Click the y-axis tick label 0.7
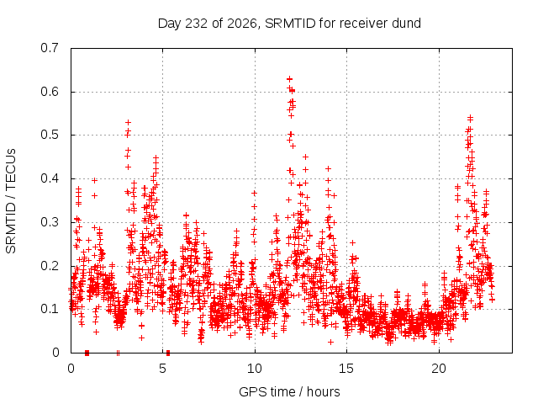click(50, 48)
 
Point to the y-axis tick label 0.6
click(50, 92)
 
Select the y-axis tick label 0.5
click(50, 135)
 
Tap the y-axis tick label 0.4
click(50, 178)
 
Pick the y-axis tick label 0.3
click(50, 222)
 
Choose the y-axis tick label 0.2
click(50, 266)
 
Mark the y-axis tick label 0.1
click(50, 309)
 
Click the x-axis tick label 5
click(162, 369)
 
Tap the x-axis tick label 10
click(254, 369)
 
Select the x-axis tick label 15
click(346, 369)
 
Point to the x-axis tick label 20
click(439, 369)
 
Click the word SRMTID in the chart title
click(290, 24)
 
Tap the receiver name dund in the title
click(408, 24)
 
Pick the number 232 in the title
click(196, 24)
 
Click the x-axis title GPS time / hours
click(289, 391)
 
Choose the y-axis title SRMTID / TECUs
click(11, 201)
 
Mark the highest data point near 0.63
click(289, 79)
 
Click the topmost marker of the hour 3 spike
click(128, 122)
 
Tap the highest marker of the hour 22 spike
click(470, 118)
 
